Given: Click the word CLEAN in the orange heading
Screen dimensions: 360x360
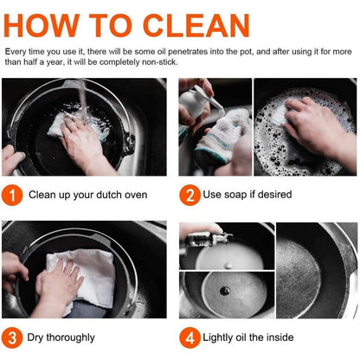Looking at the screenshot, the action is pyautogui.click(x=196, y=25).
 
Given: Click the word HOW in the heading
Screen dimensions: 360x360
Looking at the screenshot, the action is pyautogui.click(x=42, y=25).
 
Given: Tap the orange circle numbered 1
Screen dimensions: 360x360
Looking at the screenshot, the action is pyautogui.click(x=12, y=196).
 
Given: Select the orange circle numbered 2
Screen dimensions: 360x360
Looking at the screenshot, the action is pyautogui.click(x=190, y=196).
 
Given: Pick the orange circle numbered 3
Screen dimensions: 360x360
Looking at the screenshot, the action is pyautogui.click(x=12, y=337).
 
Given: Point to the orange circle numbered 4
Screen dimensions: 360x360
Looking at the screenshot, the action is pyautogui.click(x=190, y=337).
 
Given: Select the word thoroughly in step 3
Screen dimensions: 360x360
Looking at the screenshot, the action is pyautogui.click(x=70, y=337).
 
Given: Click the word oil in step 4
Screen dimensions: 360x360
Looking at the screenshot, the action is pyautogui.click(x=241, y=337).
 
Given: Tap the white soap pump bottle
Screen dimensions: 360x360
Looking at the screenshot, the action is pyautogui.click(x=196, y=102).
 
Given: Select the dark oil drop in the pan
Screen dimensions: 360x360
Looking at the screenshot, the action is pyautogui.click(x=225, y=291).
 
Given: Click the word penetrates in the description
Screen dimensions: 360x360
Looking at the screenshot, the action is pyautogui.click(x=188, y=52).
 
